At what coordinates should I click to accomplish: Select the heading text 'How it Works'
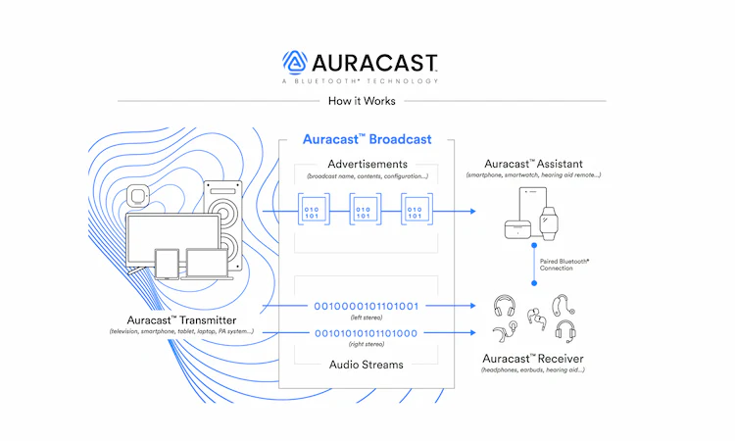click(361, 101)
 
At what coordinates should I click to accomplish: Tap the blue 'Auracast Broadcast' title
click(367, 139)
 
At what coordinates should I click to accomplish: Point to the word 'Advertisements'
click(367, 163)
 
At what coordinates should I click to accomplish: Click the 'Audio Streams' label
click(367, 365)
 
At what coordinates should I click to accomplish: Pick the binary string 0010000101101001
click(367, 305)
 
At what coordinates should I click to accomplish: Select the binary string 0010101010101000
click(367, 333)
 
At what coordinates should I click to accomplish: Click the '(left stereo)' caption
click(367, 317)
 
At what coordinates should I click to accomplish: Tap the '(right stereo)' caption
click(367, 346)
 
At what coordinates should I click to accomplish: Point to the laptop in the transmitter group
click(204, 263)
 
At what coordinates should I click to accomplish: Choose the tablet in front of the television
click(167, 262)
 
